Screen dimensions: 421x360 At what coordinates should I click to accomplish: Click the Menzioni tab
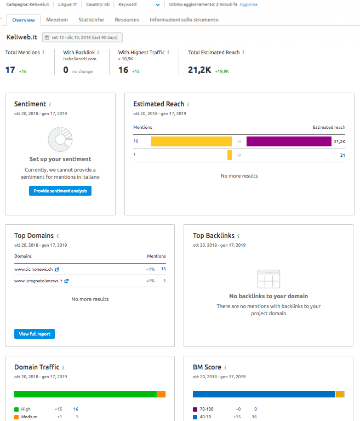pyautogui.click(x=57, y=20)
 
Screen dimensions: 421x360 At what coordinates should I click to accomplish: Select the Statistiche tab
pyautogui.click(x=91, y=20)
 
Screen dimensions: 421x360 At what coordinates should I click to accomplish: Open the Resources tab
pyautogui.click(x=127, y=20)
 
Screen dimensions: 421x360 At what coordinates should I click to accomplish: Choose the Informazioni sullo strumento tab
pyautogui.click(x=184, y=20)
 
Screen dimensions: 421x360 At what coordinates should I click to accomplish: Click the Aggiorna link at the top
pyautogui.click(x=248, y=4)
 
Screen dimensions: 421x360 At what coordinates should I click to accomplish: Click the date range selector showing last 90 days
pyautogui.click(x=82, y=37)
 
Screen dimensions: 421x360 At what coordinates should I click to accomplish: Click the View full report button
pyautogui.click(x=35, y=334)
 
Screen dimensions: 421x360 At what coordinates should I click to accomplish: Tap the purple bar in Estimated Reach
pyautogui.click(x=289, y=141)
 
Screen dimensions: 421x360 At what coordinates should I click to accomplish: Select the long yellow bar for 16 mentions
pyautogui.click(x=191, y=141)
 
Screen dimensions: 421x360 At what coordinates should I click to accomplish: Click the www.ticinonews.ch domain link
pyautogui.click(x=33, y=269)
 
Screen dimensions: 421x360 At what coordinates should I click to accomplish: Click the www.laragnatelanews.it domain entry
pyautogui.click(x=38, y=281)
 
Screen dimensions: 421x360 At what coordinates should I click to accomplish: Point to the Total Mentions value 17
pyautogui.click(x=10, y=70)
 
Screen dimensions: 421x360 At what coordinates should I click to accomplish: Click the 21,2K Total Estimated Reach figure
pyautogui.click(x=199, y=70)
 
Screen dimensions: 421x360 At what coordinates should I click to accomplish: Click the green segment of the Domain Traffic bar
pyautogui.click(x=85, y=394)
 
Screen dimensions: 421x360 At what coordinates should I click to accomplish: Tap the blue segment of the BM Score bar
pyautogui.click(x=264, y=394)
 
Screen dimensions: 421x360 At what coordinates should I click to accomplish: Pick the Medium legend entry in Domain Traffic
pyautogui.click(x=29, y=417)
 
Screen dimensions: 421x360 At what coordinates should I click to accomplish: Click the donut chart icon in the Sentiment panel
pyautogui.click(x=60, y=139)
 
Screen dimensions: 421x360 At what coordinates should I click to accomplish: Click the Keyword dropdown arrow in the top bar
pyautogui.click(x=158, y=4)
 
